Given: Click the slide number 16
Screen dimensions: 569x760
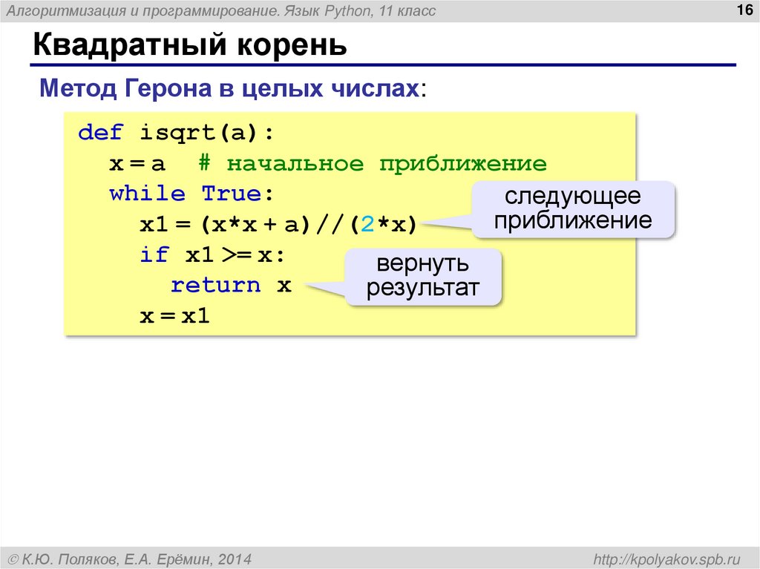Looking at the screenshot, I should click(x=742, y=10).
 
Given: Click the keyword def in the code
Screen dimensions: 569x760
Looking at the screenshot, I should click(x=101, y=133).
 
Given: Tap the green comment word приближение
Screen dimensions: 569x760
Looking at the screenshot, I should click(x=462, y=163).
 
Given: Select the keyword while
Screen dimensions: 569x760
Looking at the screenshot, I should click(x=147, y=194).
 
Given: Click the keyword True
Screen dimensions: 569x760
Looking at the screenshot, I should click(x=232, y=194).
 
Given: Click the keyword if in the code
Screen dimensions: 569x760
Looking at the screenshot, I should click(x=154, y=255).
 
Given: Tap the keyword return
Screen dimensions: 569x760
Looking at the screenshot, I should click(x=215, y=286).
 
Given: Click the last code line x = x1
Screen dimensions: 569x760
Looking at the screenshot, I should click(x=175, y=316).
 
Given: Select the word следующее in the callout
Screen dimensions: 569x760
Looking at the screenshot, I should click(x=572, y=197).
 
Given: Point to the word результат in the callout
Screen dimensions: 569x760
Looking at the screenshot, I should click(x=423, y=288).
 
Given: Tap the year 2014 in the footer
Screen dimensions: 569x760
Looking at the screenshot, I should click(x=235, y=558).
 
